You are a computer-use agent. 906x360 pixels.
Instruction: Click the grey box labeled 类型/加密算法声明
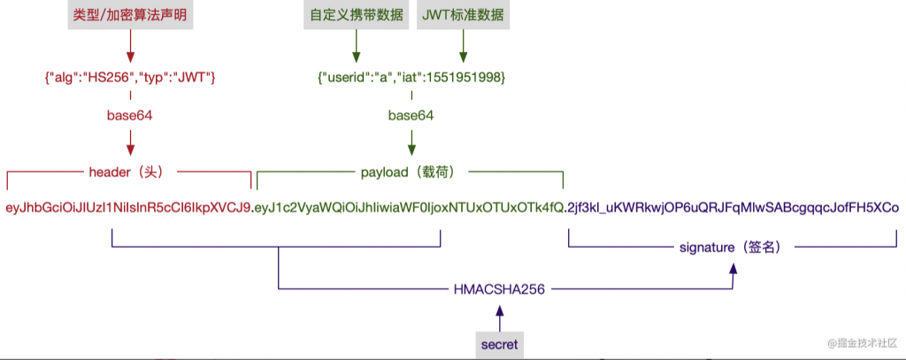(130, 15)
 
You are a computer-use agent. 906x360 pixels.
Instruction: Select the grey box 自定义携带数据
(357, 15)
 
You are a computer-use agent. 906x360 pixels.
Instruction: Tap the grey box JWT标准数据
(465, 15)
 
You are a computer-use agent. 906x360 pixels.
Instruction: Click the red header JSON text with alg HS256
(130, 79)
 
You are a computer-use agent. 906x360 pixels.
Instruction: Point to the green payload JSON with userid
(411, 79)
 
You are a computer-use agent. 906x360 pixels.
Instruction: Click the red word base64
(130, 115)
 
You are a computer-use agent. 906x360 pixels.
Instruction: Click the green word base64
(411, 115)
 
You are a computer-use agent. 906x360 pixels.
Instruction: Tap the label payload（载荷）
(411, 172)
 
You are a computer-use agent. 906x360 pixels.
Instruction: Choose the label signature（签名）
(732, 248)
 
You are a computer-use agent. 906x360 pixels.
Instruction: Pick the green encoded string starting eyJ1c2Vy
(409, 208)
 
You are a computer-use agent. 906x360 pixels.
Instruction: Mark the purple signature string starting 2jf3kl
(733, 208)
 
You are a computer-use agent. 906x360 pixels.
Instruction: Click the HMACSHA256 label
(500, 288)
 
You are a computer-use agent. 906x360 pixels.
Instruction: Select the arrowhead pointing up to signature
(732, 274)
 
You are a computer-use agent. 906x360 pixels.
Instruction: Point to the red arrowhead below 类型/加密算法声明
(130, 55)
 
